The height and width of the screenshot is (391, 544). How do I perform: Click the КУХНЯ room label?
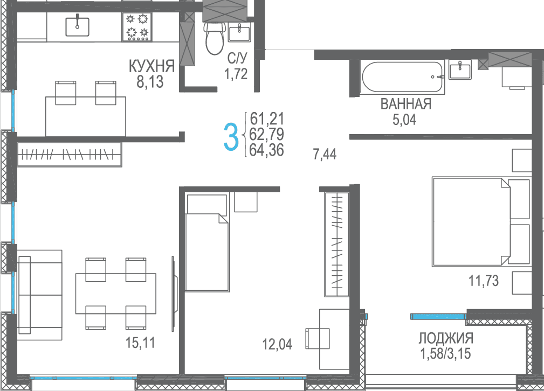pos(152,66)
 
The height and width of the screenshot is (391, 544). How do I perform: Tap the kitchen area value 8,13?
pos(150,82)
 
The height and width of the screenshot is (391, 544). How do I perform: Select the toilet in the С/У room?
pos(215,39)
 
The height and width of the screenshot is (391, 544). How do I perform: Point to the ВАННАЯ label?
pos(405,104)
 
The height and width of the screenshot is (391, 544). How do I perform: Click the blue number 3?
pos(231,137)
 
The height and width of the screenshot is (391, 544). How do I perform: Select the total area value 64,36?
pos(266,150)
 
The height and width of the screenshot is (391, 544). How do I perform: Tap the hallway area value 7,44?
pos(325,154)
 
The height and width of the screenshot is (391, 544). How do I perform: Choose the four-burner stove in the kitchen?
pos(137,27)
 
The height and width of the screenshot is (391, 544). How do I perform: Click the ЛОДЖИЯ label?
pos(445,338)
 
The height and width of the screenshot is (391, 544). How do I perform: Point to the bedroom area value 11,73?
pos(484,281)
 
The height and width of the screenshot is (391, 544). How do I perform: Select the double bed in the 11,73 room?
pos(481,222)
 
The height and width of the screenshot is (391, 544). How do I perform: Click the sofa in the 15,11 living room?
pos(39,295)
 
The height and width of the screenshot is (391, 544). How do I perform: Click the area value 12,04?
pos(277,344)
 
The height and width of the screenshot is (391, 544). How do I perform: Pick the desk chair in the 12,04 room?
pos(318,338)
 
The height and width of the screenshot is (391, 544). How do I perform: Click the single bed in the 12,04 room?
pos(207,243)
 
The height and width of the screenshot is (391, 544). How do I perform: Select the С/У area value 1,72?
pos(236,74)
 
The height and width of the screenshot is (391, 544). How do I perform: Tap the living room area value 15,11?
pos(140,343)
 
